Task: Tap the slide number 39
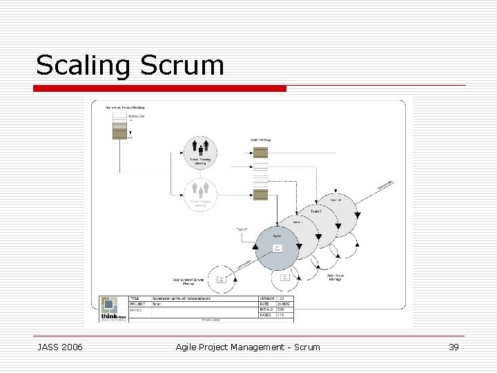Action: (454, 347)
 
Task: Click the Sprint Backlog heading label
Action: (260, 140)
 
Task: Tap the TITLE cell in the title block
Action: (139, 298)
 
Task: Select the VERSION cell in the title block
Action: (266, 298)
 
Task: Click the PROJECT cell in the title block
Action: (140, 304)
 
